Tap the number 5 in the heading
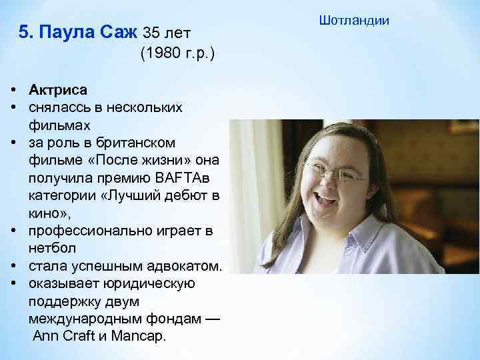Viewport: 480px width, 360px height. tap(24, 32)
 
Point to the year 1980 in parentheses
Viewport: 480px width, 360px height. tap(163, 54)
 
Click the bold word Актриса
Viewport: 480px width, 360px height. tap(58, 89)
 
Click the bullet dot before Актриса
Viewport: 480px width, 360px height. tap(13, 89)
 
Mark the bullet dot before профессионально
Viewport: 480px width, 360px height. tap(13, 231)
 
